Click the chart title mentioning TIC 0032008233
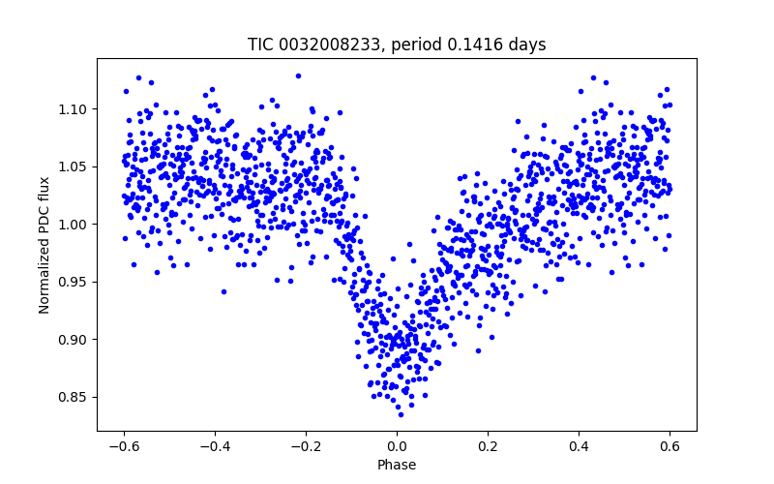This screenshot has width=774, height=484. pos(397,45)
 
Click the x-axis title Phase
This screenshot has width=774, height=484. pos(397,465)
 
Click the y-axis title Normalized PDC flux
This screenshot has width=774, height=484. pos(45,244)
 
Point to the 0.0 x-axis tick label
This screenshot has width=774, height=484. pos(397,446)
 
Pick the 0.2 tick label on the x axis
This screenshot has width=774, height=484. pos(488,446)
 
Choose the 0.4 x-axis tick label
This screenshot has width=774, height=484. pos(579,446)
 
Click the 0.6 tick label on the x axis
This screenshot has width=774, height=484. pos(670,446)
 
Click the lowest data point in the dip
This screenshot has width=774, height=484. pos(401,414)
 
